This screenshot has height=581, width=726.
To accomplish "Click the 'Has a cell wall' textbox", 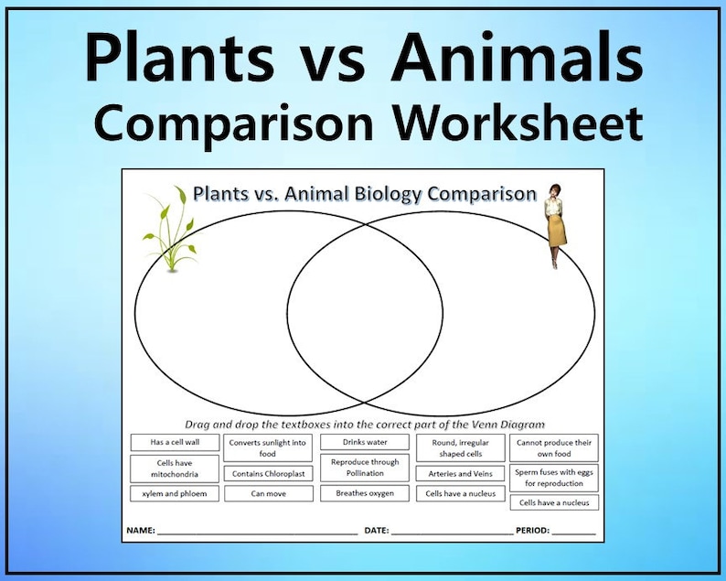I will coord(175,442).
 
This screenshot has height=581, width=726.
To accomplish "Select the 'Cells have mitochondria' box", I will coord(175,468).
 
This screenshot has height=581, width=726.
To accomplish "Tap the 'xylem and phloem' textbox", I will coord(175,494).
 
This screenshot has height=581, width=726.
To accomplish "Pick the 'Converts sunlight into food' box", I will coord(267,447).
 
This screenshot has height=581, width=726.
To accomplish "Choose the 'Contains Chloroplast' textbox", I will coord(267,474).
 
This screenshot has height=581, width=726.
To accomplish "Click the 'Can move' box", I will coord(267,494).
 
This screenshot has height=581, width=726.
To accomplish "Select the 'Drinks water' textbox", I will coord(365,442).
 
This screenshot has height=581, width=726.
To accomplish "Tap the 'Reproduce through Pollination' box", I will coord(365,468).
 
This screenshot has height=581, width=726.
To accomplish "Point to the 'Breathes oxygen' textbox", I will coord(365,493).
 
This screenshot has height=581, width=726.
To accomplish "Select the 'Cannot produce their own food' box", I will coord(554,447).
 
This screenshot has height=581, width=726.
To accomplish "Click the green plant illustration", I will coord(169,231).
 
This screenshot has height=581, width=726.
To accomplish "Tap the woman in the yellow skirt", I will coord(555,225).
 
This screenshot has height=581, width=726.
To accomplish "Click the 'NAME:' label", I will coord(140,531).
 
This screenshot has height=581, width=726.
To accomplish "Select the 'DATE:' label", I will coord(377,531).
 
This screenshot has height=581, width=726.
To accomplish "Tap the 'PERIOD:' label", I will coord(532,531).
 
